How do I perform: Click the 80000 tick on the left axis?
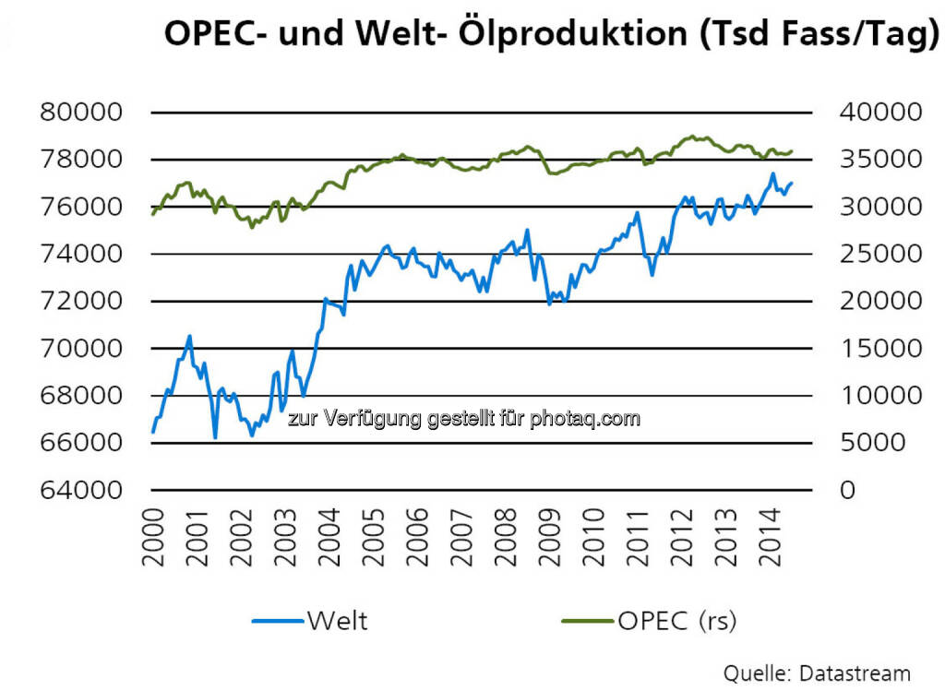[82, 113]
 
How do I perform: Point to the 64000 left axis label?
[82, 490]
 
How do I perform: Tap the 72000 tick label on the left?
[82, 302]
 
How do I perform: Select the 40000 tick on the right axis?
[879, 113]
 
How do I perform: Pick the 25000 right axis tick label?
[879, 254]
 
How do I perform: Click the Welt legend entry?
[338, 621]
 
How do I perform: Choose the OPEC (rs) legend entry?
[676, 621]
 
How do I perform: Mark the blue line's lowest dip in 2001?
[215, 438]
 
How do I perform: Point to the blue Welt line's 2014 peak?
[772, 173]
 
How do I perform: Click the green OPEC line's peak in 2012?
[692, 137]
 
